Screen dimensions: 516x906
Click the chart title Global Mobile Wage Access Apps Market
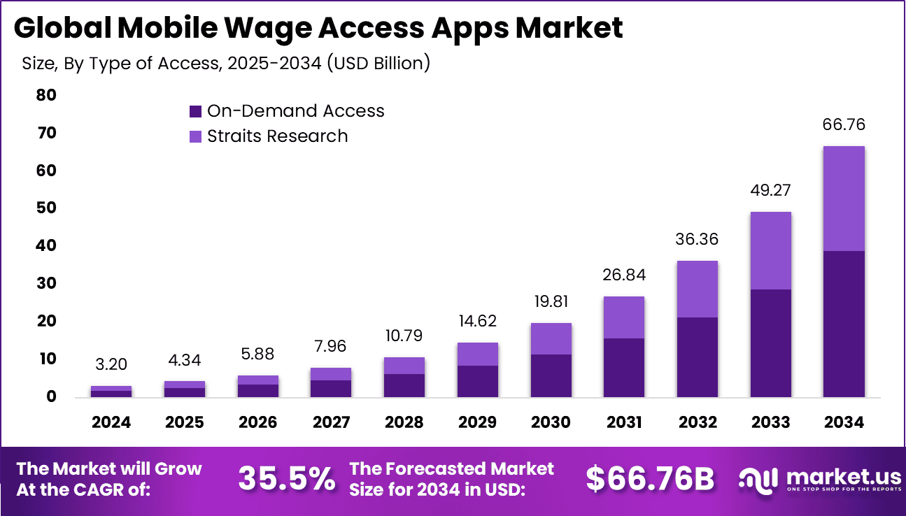coord(318,28)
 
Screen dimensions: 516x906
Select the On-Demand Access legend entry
coord(287,111)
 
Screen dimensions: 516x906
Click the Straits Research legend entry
coord(269,136)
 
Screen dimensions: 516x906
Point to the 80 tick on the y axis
coord(46,95)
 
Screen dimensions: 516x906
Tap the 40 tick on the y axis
coord(46,246)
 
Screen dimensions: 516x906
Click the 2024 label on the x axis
coord(111,422)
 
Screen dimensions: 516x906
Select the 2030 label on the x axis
coord(551,422)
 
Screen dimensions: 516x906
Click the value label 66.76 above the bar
coord(844,125)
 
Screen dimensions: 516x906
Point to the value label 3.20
coord(111,365)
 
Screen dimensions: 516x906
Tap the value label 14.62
coord(477,322)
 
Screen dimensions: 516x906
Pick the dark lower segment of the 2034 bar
coord(844,324)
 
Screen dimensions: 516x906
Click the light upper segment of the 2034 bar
coord(844,199)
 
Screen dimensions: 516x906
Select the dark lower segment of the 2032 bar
coord(698,357)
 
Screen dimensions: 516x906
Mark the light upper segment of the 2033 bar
coord(770,251)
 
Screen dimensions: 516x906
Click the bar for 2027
coord(331,382)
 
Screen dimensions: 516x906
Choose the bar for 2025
coord(185,389)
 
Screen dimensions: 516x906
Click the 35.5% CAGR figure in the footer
coord(286,479)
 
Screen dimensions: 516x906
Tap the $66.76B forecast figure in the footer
coord(650,479)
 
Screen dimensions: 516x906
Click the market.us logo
coord(820,480)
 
